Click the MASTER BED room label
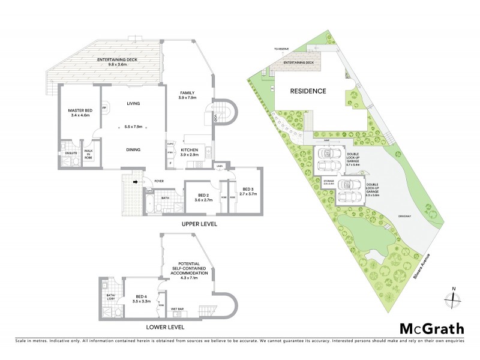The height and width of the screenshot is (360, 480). (79, 111)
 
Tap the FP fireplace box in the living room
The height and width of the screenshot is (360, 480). (104, 108)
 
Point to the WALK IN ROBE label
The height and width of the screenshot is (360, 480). (88, 153)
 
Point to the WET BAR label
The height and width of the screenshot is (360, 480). (178, 309)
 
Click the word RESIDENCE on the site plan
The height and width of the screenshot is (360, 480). (308, 92)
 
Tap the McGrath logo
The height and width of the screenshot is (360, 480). (431, 328)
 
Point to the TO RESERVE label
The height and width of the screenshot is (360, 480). (281, 47)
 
